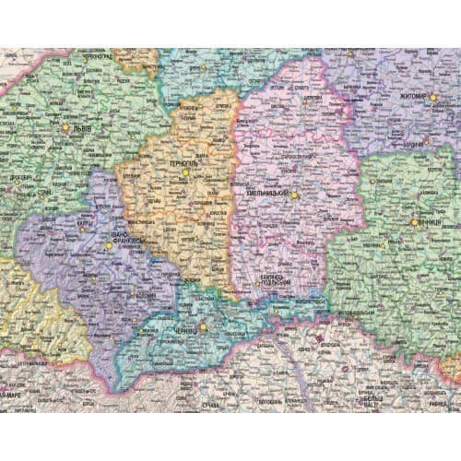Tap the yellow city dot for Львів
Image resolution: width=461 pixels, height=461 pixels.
pyautogui.click(x=65, y=127)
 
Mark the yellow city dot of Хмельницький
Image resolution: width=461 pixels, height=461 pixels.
pyautogui.click(x=294, y=195)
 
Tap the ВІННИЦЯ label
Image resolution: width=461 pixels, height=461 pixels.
pyautogui.click(x=428, y=222)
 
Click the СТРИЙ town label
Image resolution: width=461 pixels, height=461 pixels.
pyautogui.click(x=43, y=193)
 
